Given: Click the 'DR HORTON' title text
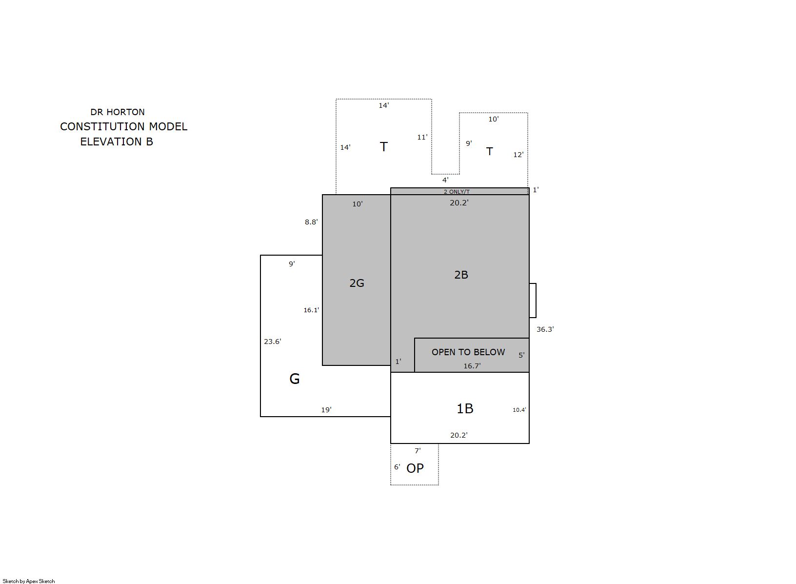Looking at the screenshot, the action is point(118,112).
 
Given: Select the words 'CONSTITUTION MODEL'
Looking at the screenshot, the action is point(124,126).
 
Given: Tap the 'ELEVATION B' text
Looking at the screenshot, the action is point(117,142).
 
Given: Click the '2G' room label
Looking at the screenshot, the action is point(357,283).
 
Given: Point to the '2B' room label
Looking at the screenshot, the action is point(461,275).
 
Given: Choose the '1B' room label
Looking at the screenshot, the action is point(465,409).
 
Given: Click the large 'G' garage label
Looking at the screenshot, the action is point(295,379).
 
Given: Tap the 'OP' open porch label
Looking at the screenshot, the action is point(415,468).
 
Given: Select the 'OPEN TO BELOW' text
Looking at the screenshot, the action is point(468,352).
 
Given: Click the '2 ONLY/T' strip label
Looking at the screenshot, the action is point(457,192).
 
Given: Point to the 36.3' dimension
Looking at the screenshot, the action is point(545,329).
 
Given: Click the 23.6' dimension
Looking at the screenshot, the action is point(273,342).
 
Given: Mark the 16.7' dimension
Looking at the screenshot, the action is point(472,366).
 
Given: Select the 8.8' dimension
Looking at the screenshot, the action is point(311,222).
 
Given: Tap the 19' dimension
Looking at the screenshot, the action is point(326,410).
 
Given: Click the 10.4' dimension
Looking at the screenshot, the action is point(519,410).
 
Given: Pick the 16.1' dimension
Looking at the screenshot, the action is point(311,310).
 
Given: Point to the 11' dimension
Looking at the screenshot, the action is point(422,137).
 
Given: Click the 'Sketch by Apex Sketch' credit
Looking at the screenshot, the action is point(29,581).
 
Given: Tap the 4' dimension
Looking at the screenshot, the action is point(445,180).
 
